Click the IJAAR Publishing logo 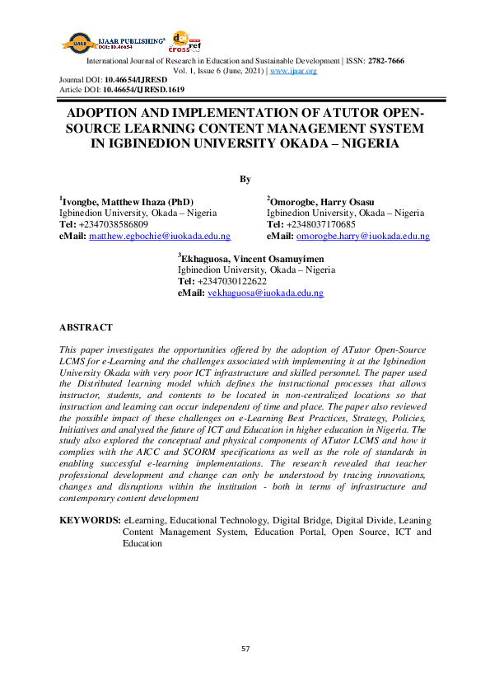[x=107, y=40]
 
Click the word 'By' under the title [x=245, y=179]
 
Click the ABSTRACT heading [x=86, y=327]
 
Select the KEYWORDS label [x=90, y=521]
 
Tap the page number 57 [x=245, y=649]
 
